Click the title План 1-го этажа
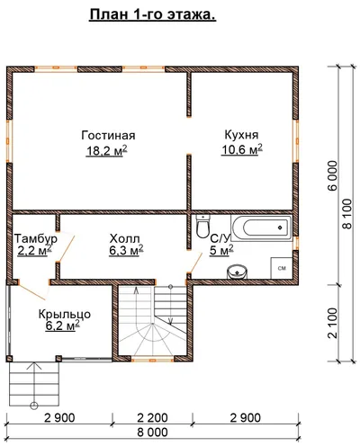click(152, 15)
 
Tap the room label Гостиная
click(108, 136)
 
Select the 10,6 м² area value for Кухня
click(242, 149)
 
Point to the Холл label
click(124, 239)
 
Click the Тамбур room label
click(36, 238)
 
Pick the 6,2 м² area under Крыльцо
click(62, 326)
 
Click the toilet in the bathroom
click(203, 227)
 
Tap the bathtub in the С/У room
click(262, 227)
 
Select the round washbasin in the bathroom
click(238, 272)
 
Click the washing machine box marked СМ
click(282, 268)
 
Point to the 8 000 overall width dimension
click(152, 433)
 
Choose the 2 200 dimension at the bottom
click(152, 417)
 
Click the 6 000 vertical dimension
click(333, 175)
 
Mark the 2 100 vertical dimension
click(333, 323)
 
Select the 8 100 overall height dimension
click(347, 213)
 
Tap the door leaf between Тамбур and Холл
click(67, 248)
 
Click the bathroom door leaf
click(195, 263)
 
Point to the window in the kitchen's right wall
click(296, 141)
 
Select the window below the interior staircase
click(152, 358)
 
